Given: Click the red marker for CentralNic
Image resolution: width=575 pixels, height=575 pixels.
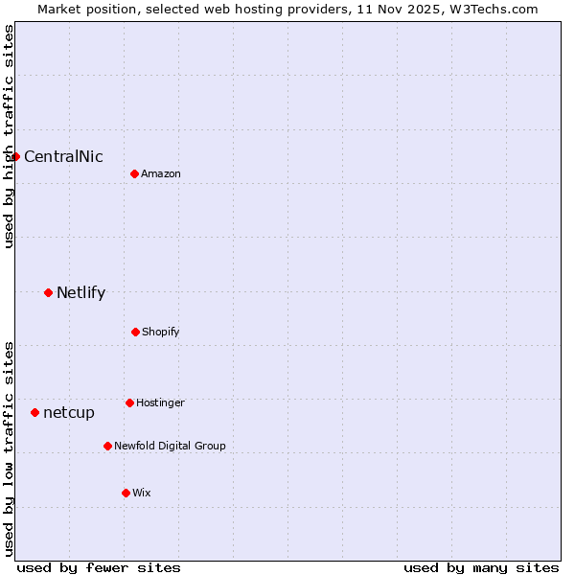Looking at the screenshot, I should coord(15,156).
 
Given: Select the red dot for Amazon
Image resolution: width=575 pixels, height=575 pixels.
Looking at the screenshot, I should coord(134,173).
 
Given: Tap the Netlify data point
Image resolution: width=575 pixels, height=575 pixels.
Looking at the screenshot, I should coord(48,292).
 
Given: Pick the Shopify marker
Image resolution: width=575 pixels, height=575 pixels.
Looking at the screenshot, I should coord(135,332).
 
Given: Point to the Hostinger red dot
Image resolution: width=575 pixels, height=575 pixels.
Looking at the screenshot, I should coord(129,402).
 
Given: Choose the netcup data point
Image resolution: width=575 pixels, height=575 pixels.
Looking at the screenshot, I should coord(34,412).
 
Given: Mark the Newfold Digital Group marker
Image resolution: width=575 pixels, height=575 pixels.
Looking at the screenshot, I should coord(107,446).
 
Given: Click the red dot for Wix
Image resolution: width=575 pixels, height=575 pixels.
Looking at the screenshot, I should coord(126,493).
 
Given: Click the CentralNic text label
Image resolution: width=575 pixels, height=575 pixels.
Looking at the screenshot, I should coord(63,157).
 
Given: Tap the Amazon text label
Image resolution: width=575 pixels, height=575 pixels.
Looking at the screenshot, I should coord(161,174).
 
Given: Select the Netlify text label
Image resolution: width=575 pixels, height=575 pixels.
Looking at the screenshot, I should coord(80,293).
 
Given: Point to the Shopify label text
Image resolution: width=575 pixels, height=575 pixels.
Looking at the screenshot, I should coord(161,333).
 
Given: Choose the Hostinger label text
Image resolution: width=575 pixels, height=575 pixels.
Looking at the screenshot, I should coord(160,403).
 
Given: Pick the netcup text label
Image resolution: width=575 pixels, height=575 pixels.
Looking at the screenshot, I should coord(69,413).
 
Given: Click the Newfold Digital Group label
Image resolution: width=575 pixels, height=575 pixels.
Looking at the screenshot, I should coord(170,447).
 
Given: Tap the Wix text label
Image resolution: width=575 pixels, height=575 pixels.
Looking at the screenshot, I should coord(142,494).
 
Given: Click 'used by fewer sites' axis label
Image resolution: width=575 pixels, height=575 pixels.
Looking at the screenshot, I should coord(99,568).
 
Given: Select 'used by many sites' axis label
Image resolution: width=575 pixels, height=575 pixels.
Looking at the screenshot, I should coord(481,568).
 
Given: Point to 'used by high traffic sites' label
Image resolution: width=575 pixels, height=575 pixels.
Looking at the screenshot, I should coord(9,136).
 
